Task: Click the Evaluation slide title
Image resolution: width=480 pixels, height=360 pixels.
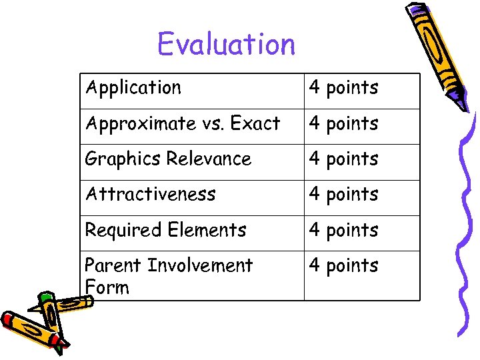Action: coord(226,45)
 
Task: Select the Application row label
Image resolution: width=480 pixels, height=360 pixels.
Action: coord(133,88)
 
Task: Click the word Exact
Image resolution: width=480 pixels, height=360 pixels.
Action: coord(257,123)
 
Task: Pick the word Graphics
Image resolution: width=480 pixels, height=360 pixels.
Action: coord(123,159)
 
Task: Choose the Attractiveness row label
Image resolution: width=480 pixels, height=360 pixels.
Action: coord(150,195)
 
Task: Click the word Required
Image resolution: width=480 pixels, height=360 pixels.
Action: coord(123,231)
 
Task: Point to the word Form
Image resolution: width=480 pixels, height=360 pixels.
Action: coord(107,287)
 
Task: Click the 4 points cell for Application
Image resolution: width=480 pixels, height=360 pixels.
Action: coord(343,88)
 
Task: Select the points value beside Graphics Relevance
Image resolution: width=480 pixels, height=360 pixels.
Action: coord(343,159)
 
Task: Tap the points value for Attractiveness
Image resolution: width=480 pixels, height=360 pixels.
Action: coord(343,195)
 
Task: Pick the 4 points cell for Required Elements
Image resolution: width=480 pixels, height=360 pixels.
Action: coord(343,231)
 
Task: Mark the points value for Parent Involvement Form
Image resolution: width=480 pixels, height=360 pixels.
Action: coord(343,266)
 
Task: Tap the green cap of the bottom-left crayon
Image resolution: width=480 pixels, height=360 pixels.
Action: coord(45,297)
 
